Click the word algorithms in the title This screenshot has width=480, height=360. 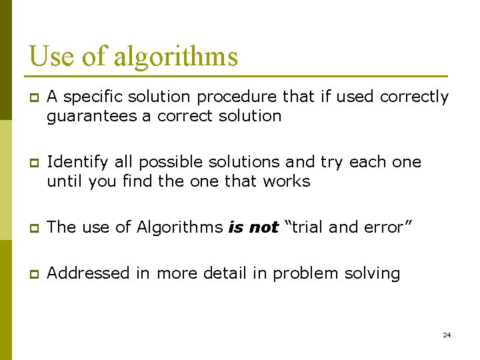175,56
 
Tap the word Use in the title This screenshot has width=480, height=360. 51,56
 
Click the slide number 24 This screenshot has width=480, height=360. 447,335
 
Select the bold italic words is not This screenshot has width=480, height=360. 253,227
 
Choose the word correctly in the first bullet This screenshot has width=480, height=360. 414,97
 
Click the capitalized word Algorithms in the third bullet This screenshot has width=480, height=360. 179,227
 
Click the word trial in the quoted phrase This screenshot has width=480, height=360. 307,227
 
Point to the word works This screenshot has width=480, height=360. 287,181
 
